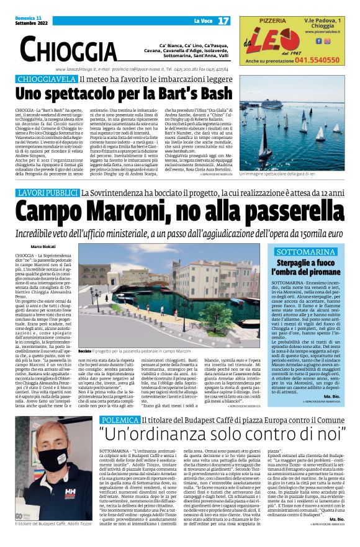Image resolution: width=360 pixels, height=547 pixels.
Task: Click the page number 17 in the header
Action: (223, 21)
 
